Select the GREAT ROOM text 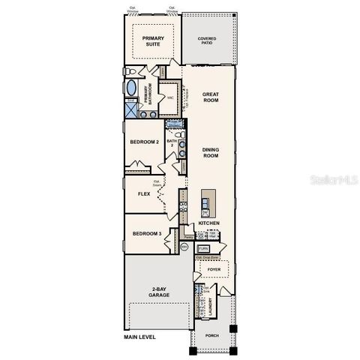(210, 97)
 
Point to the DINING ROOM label (211, 152)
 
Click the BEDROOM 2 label (145, 142)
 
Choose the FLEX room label (144, 193)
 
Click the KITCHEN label (209, 223)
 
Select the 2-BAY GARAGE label (158, 292)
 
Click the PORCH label (212, 334)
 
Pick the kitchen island (206, 202)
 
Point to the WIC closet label (171, 98)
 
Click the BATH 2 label (171, 142)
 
